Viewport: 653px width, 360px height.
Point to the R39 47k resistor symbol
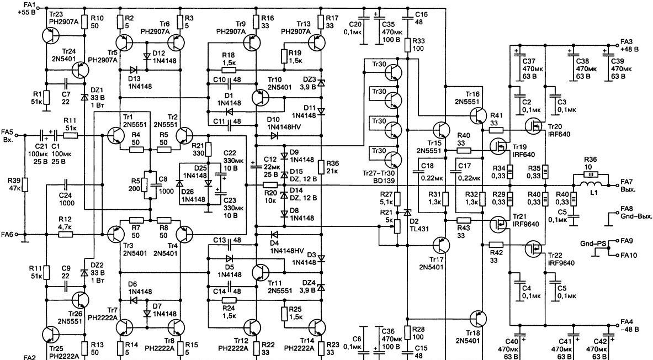point(25,184)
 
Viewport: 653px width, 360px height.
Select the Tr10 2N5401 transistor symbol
point(261,97)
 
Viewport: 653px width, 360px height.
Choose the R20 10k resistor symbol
point(270,185)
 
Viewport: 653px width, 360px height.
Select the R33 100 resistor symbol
point(407,45)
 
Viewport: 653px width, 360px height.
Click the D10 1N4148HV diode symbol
point(274,135)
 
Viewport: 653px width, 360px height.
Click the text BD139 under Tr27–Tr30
point(381,181)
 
